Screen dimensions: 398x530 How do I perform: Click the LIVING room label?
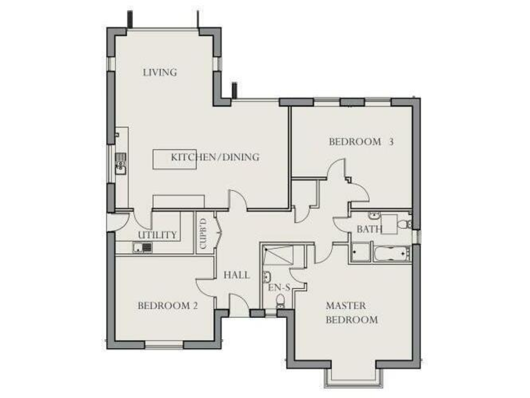[160, 72]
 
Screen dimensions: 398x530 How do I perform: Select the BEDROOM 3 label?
[361, 142]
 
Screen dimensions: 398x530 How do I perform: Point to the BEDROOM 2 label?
[168, 305]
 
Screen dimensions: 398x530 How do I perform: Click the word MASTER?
[346, 305]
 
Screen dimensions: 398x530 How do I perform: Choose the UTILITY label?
[158, 235]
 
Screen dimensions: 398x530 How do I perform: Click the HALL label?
[236, 275]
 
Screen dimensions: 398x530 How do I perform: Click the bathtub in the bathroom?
[390, 252]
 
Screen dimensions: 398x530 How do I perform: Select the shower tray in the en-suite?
[279, 255]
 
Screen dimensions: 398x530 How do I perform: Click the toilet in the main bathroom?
[407, 224]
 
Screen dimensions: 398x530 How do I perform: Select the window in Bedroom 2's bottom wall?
[164, 343]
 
